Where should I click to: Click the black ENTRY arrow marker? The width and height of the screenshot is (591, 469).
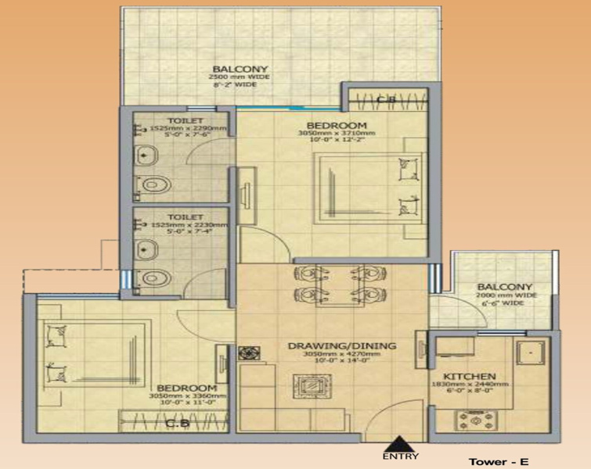tap(400, 443)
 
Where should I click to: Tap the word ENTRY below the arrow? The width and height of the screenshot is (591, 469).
tap(401, 456)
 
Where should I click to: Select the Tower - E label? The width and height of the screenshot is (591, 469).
tap(499, 461)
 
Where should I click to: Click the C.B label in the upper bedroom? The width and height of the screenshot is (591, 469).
tap(384, 100)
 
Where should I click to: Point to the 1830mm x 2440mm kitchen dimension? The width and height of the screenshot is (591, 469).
tap(470, 385)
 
